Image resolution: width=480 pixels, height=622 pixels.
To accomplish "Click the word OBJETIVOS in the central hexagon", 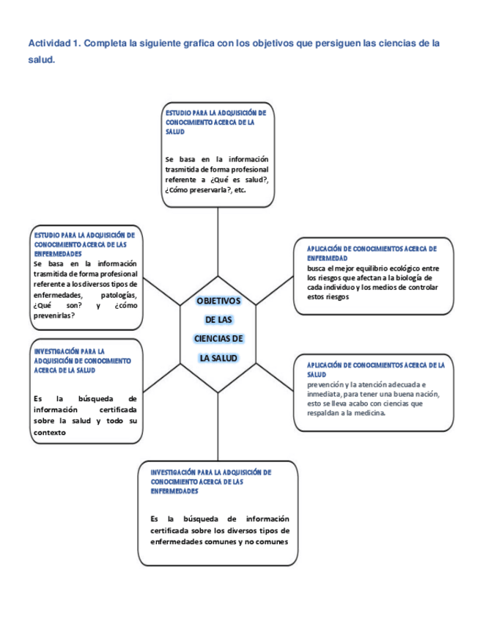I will pyautogui.click(x=218, y=301).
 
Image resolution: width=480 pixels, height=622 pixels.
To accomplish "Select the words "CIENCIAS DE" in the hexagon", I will pyautogui.click(x=218, y=339).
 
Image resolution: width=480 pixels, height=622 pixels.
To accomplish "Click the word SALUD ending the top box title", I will pyautogui.click(x=175, y=132).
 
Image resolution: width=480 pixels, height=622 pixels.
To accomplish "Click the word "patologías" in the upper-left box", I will pyautogui.click(x=120, y=294).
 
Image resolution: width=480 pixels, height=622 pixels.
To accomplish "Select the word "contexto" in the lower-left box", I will pyautogui.click(x=50, y=432).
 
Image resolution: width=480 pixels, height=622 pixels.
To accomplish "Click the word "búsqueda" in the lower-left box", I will pyautogui.click(x=93, y=398).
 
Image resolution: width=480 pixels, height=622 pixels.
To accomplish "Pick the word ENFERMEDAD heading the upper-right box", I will pyautogui.click(x=327, y=258).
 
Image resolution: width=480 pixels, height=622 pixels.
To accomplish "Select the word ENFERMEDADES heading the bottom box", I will pyautogui.click(x=174, y=491).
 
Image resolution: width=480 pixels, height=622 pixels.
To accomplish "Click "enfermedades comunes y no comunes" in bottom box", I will pyautogui.click(x=219, y=541).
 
